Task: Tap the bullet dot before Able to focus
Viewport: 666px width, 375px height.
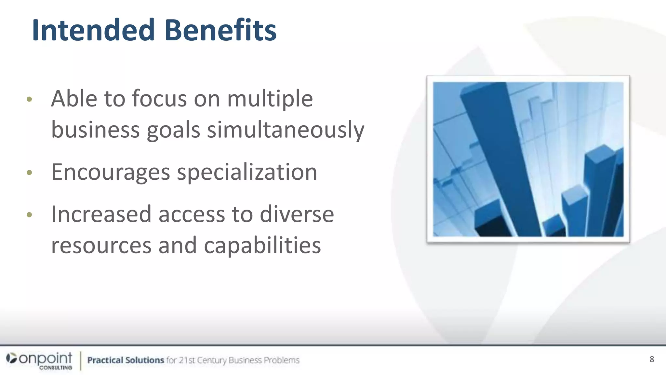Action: (29, 99)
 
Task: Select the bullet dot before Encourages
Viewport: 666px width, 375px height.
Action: (29, 173)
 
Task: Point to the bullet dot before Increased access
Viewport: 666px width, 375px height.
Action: (29, 215)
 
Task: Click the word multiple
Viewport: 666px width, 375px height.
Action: (270, 99)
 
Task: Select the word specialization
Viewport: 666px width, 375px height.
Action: (247, 172)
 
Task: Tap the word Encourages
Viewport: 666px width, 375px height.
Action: (111, 172)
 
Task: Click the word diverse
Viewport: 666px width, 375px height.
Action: (297, 214)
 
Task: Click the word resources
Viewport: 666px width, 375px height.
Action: (101, 245)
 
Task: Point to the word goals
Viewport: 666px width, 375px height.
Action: (173, 130)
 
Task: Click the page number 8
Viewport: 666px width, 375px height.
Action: (652, 359)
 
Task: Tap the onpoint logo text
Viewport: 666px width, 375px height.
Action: (46, 358)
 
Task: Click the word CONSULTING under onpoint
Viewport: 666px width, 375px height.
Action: (56, 368)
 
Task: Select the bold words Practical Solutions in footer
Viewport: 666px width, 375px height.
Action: (126, 360)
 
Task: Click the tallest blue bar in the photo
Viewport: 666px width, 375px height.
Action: (498, 156)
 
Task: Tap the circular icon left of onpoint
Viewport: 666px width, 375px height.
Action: (11, 358)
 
